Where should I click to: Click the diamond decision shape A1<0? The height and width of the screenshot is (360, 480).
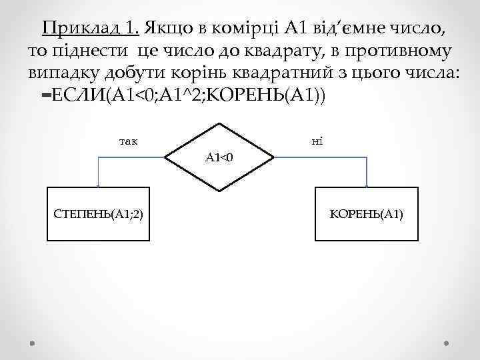click(219, 157)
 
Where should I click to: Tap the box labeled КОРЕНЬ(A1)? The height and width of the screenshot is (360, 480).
click(367, 213)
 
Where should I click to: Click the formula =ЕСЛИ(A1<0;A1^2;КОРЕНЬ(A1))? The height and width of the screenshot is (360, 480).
click(183, 95)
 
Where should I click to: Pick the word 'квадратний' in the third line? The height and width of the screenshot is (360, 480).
click(297, 73)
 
